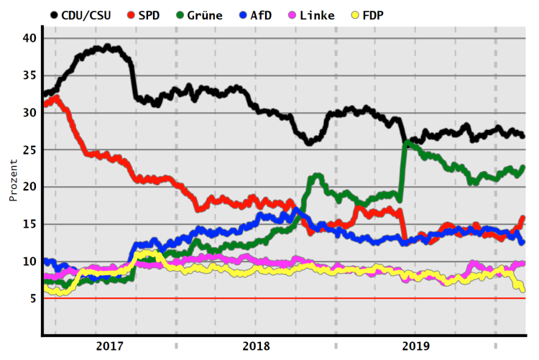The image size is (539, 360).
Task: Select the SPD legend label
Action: (x=150, y=15)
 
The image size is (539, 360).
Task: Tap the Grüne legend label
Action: (x=205, y=15)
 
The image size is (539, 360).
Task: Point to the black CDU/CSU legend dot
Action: (x=55, y=15)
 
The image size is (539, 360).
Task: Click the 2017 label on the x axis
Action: (x=109, y=346)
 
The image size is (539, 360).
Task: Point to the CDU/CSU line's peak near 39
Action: (x=107, y=47)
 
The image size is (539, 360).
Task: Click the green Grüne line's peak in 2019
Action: (x=407, y=143)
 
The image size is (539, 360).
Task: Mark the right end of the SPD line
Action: (x=522, y=218)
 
